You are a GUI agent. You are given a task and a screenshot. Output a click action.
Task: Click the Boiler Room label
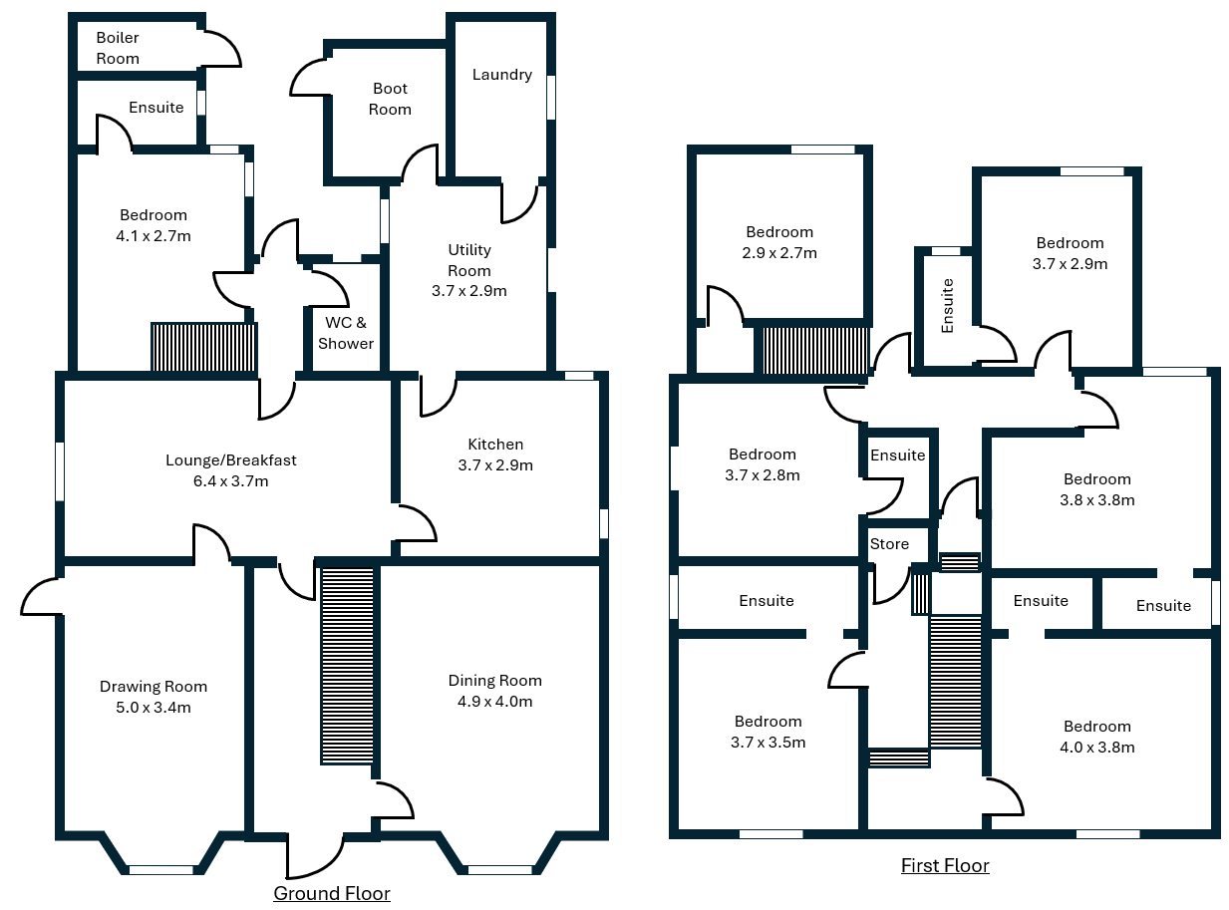point(118,48)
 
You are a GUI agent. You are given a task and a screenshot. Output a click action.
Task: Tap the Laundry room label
point(502,75)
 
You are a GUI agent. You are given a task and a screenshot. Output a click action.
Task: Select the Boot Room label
point(390,99)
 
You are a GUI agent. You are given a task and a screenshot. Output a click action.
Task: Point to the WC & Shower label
point(346,333)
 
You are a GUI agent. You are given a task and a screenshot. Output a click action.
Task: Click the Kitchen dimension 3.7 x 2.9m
point(495,465)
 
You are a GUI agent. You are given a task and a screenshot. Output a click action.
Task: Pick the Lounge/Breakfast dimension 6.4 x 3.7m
point(231,481)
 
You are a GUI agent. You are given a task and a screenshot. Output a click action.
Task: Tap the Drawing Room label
point(154,687)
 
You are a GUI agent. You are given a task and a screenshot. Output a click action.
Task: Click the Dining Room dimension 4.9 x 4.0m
point(494,702)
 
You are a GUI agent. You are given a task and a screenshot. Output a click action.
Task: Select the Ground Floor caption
point(332,893)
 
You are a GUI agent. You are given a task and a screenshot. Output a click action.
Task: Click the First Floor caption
point(945,865)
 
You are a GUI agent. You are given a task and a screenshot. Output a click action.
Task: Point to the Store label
point(889,543)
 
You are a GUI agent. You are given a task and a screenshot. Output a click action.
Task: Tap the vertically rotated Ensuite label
point(948,305)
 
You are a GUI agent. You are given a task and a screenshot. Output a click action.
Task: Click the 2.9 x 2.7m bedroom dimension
point(779,253)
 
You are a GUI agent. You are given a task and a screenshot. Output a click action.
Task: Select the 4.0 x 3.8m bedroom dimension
point(1097,748)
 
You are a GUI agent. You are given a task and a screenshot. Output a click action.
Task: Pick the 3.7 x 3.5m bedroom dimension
point(768,743)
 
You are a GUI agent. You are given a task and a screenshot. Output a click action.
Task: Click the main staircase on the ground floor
point(348,666)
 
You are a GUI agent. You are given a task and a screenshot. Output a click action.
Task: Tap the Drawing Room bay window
point(160,869)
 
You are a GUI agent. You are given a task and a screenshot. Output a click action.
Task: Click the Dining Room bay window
point(500,869)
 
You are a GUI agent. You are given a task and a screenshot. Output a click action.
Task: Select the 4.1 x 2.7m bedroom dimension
point(154,236)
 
